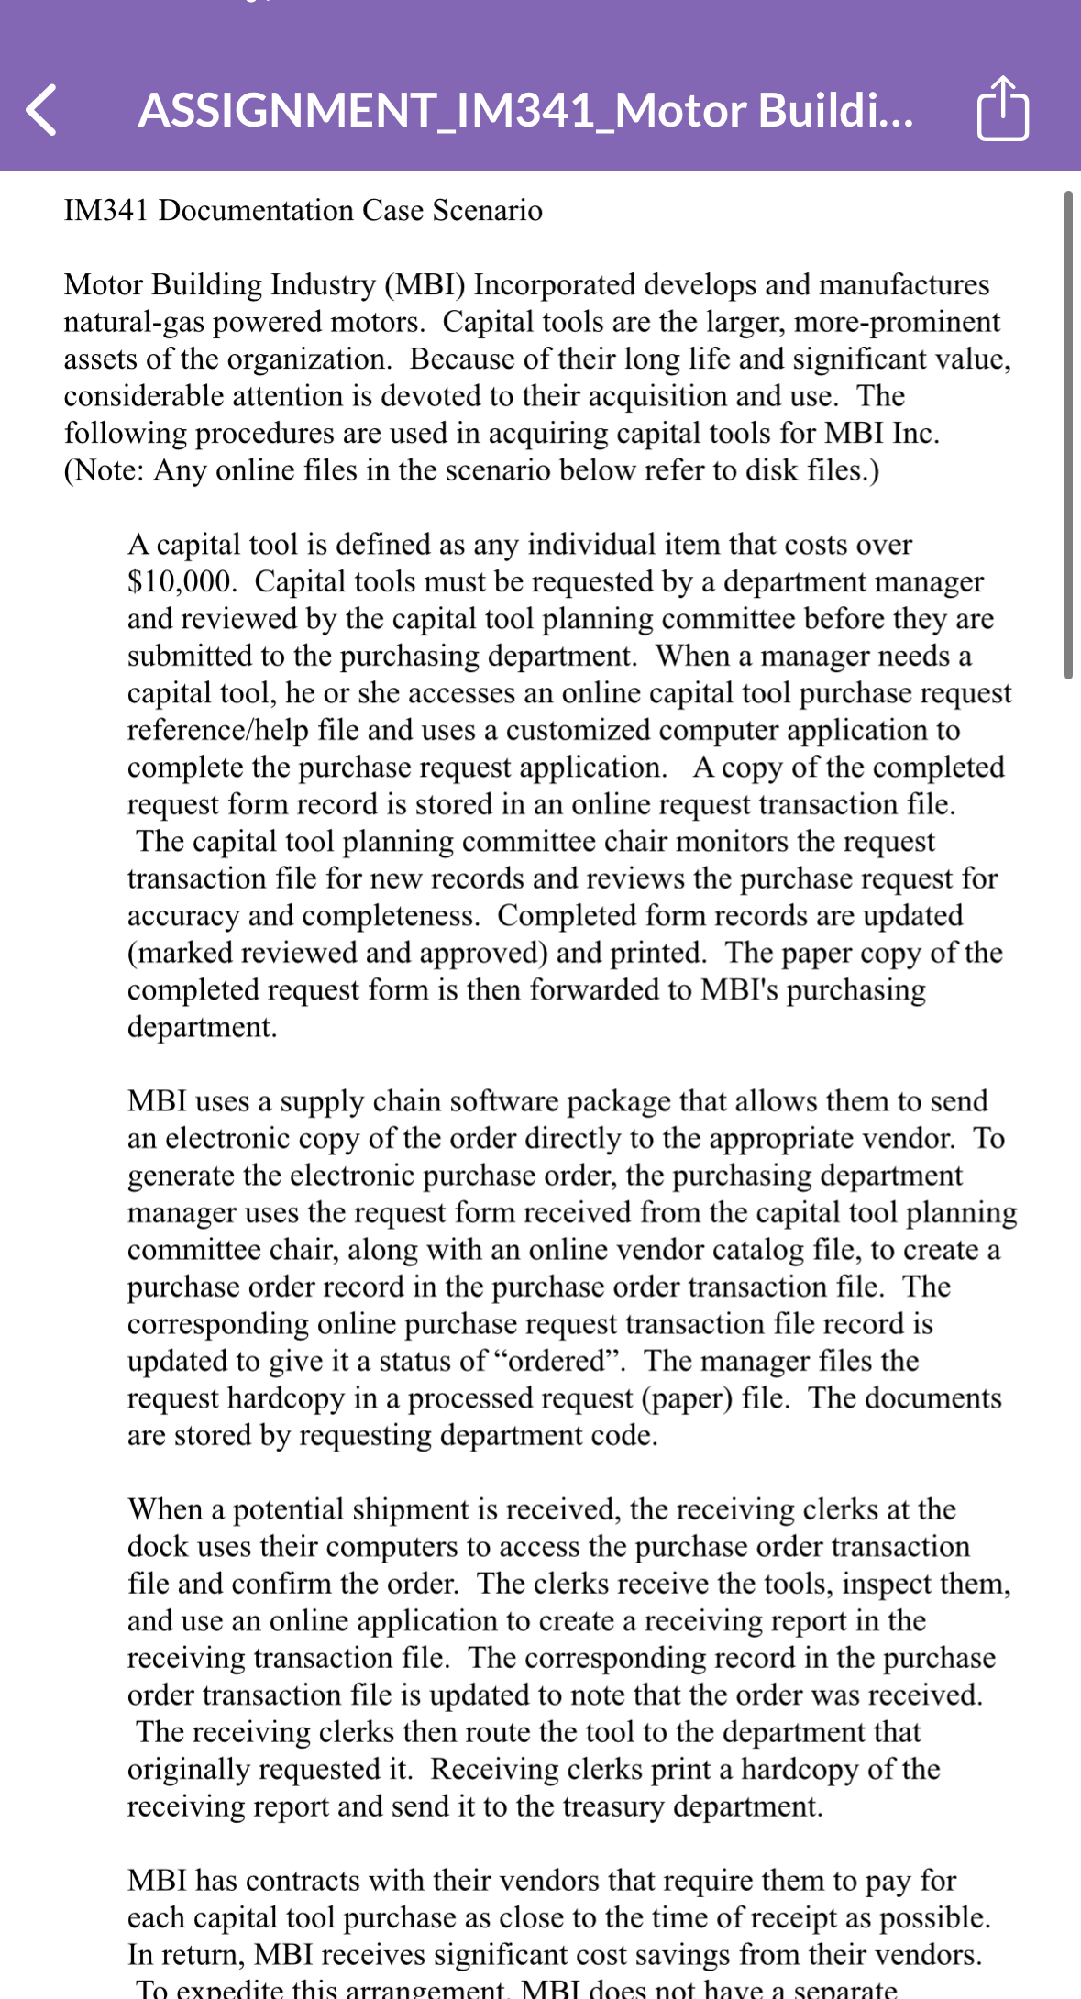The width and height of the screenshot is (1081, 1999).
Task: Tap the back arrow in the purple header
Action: pyautogui.click(x=41, y=110)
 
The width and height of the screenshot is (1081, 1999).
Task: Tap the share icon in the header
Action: pyautogui.click(x=1003, y=109)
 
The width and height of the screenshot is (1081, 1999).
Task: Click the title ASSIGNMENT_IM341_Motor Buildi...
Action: pyautogui.click(x=525, y=110)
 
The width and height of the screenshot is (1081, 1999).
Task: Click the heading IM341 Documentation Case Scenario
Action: pyautogui.click(x=303, y=211)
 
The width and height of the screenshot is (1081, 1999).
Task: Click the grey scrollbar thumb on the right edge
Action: pyautogui.click(x=1068, y=436)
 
